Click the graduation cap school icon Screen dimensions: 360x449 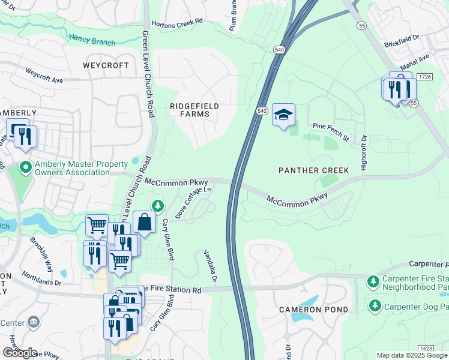point(284,114)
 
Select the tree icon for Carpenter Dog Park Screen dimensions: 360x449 point(375,306)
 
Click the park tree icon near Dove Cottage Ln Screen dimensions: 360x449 point(158,206)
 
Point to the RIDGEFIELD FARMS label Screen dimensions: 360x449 point(194,110)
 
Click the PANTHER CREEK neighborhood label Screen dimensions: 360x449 point(314,170)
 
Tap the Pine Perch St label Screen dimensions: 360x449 point(331,132)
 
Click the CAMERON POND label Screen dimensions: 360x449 point(313,310)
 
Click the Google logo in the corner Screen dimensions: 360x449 point(20,353)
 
